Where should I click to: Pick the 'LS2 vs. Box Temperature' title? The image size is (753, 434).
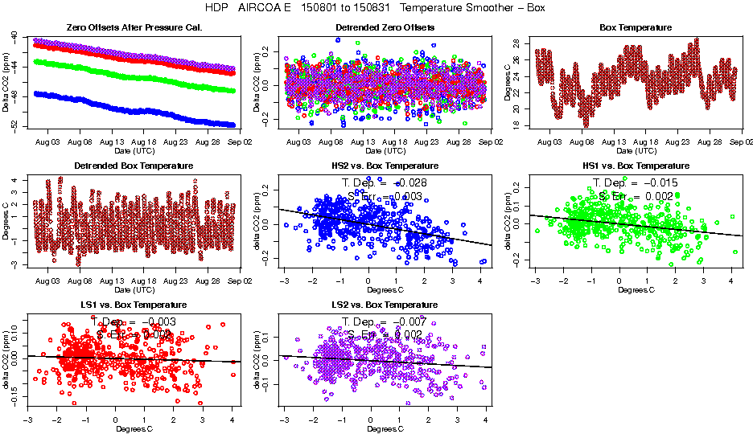(x=385, y=305)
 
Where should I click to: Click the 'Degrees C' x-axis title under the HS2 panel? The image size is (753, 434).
(x=385, y=289)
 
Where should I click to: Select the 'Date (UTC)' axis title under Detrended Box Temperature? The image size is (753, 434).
(x=134, y=289)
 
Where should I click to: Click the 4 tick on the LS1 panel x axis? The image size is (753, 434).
(x=232, y=420)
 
